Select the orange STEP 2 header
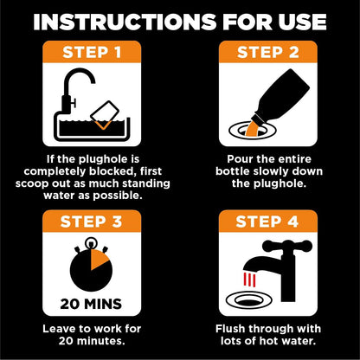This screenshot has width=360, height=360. click(x=270, y=54)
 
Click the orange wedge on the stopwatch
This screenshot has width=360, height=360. click(x=99, y=259)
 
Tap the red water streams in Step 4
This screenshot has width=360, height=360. click(x=248, y=279)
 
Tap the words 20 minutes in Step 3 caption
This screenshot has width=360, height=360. click(x=89, y=341)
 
